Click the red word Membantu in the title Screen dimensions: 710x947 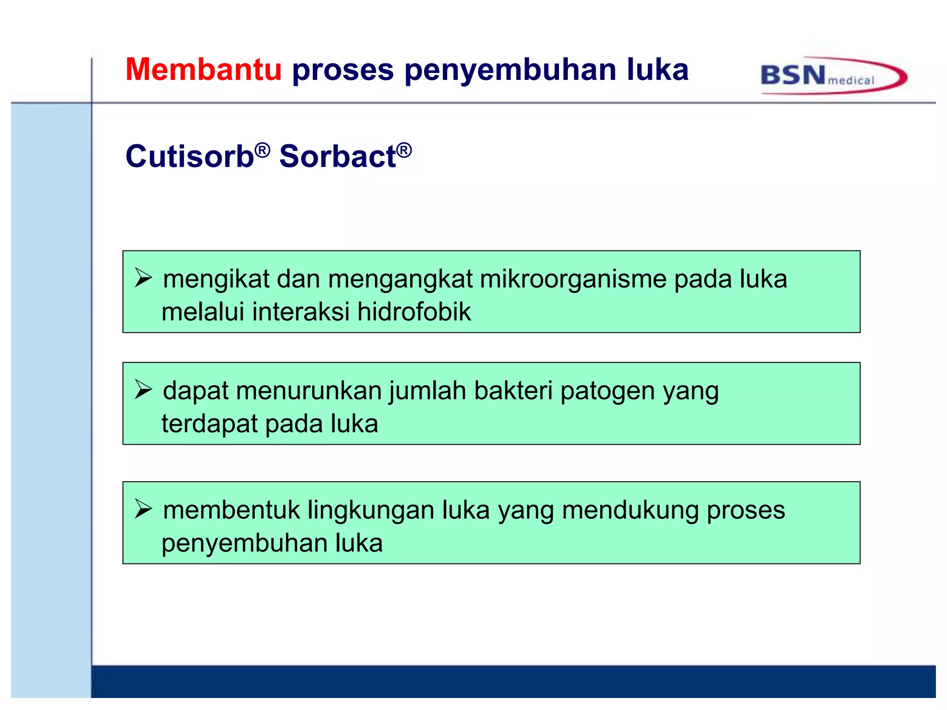tap(203, 70)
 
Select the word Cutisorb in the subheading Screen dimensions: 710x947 tap(190, 156)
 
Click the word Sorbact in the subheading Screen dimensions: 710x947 tap(338, 156)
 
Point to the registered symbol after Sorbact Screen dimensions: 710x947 tap(404, 150)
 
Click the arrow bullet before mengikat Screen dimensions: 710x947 tap(143, 278)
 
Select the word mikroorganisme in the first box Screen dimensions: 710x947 tap(573, 280)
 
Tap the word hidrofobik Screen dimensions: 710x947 tap(414, 312)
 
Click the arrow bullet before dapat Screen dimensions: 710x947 tap(143, 389)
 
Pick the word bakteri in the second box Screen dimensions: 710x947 tap(513, 391)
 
